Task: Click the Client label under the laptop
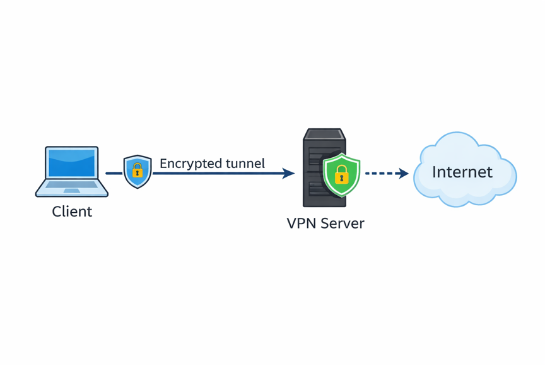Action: pos(72,212)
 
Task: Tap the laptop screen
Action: pos(72,163)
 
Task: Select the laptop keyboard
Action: pos(72,184)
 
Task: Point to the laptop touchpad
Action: pos(72,191)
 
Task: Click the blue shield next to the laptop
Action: pos(138,172)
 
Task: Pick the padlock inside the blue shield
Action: pos(138,170)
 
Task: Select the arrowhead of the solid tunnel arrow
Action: pos(288,173)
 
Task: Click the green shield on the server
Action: pos(342,174)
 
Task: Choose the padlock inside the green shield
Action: pos(342,174)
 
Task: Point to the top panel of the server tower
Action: pos(324,134)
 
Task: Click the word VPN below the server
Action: pos(302,224)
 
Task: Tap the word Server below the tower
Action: pos(343,224)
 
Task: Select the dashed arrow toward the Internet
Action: pos(387,173)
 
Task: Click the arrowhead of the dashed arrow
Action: pos(403,173)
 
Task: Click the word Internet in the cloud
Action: pos(462,172)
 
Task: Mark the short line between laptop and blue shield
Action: pos(114,173)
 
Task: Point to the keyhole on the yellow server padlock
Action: pos(342,179)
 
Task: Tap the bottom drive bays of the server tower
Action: pos(317,190)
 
